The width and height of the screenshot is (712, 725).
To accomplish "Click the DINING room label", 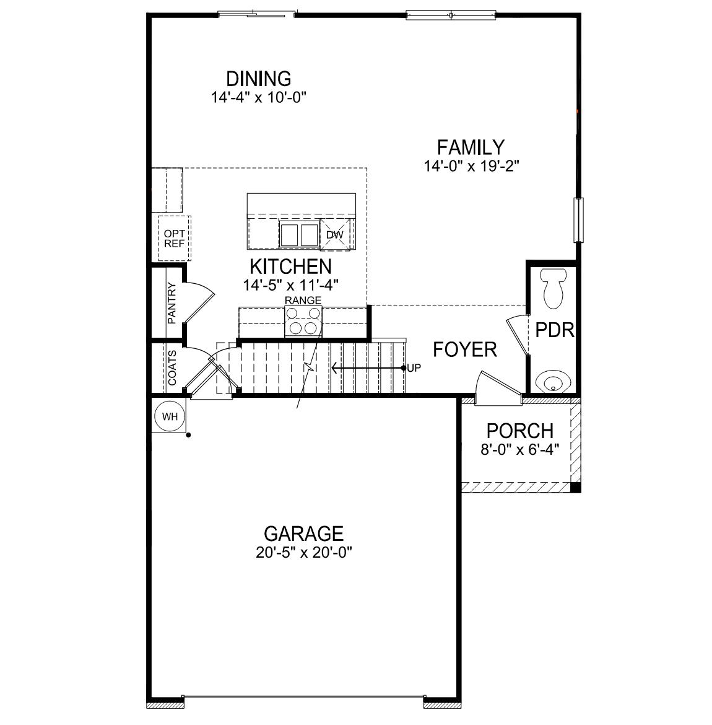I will [x=258, y=79].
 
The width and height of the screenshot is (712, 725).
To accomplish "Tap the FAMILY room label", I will [x=471, y=147].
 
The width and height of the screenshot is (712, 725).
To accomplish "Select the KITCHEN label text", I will [x=290, y=266].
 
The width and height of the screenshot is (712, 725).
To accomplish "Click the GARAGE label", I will [x=303, y=534].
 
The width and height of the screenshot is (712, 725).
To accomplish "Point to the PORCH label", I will [x=519, y=431].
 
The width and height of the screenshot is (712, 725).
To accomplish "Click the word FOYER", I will [x=464, y=349].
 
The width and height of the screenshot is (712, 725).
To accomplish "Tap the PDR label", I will [x=555, y=330].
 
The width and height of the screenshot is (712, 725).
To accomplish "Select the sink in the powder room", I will [x=552, y=380].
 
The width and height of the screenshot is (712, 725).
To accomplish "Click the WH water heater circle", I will [x=170, y=416].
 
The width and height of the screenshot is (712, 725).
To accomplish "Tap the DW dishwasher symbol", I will [x=334, y=235].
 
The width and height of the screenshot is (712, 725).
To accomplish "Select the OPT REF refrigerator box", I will [x=174, y=239].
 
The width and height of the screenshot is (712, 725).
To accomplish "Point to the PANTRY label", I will [x=171, y=304].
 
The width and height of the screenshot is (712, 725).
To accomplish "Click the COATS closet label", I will [x=171, y=367].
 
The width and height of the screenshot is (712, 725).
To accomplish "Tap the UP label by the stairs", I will [x=414, y=367].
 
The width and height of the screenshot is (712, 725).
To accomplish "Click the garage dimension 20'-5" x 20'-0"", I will [x=303, y=553].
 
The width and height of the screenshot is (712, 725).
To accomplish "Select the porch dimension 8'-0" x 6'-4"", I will [x=519, y=449].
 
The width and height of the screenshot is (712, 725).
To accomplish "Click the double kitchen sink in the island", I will [x=299, y=235].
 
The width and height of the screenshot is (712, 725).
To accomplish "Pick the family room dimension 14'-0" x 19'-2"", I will [x=471, y=166].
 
